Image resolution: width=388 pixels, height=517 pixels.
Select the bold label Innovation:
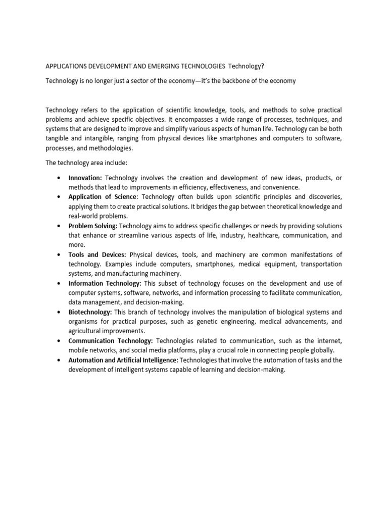click(85, 178)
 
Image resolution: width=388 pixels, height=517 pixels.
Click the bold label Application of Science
click(102, 197)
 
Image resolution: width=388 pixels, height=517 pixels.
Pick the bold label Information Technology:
click(105, 283)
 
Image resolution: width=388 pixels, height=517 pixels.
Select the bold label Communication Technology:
click(111, 341)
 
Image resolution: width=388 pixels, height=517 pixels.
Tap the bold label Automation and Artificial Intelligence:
click(123, 360)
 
